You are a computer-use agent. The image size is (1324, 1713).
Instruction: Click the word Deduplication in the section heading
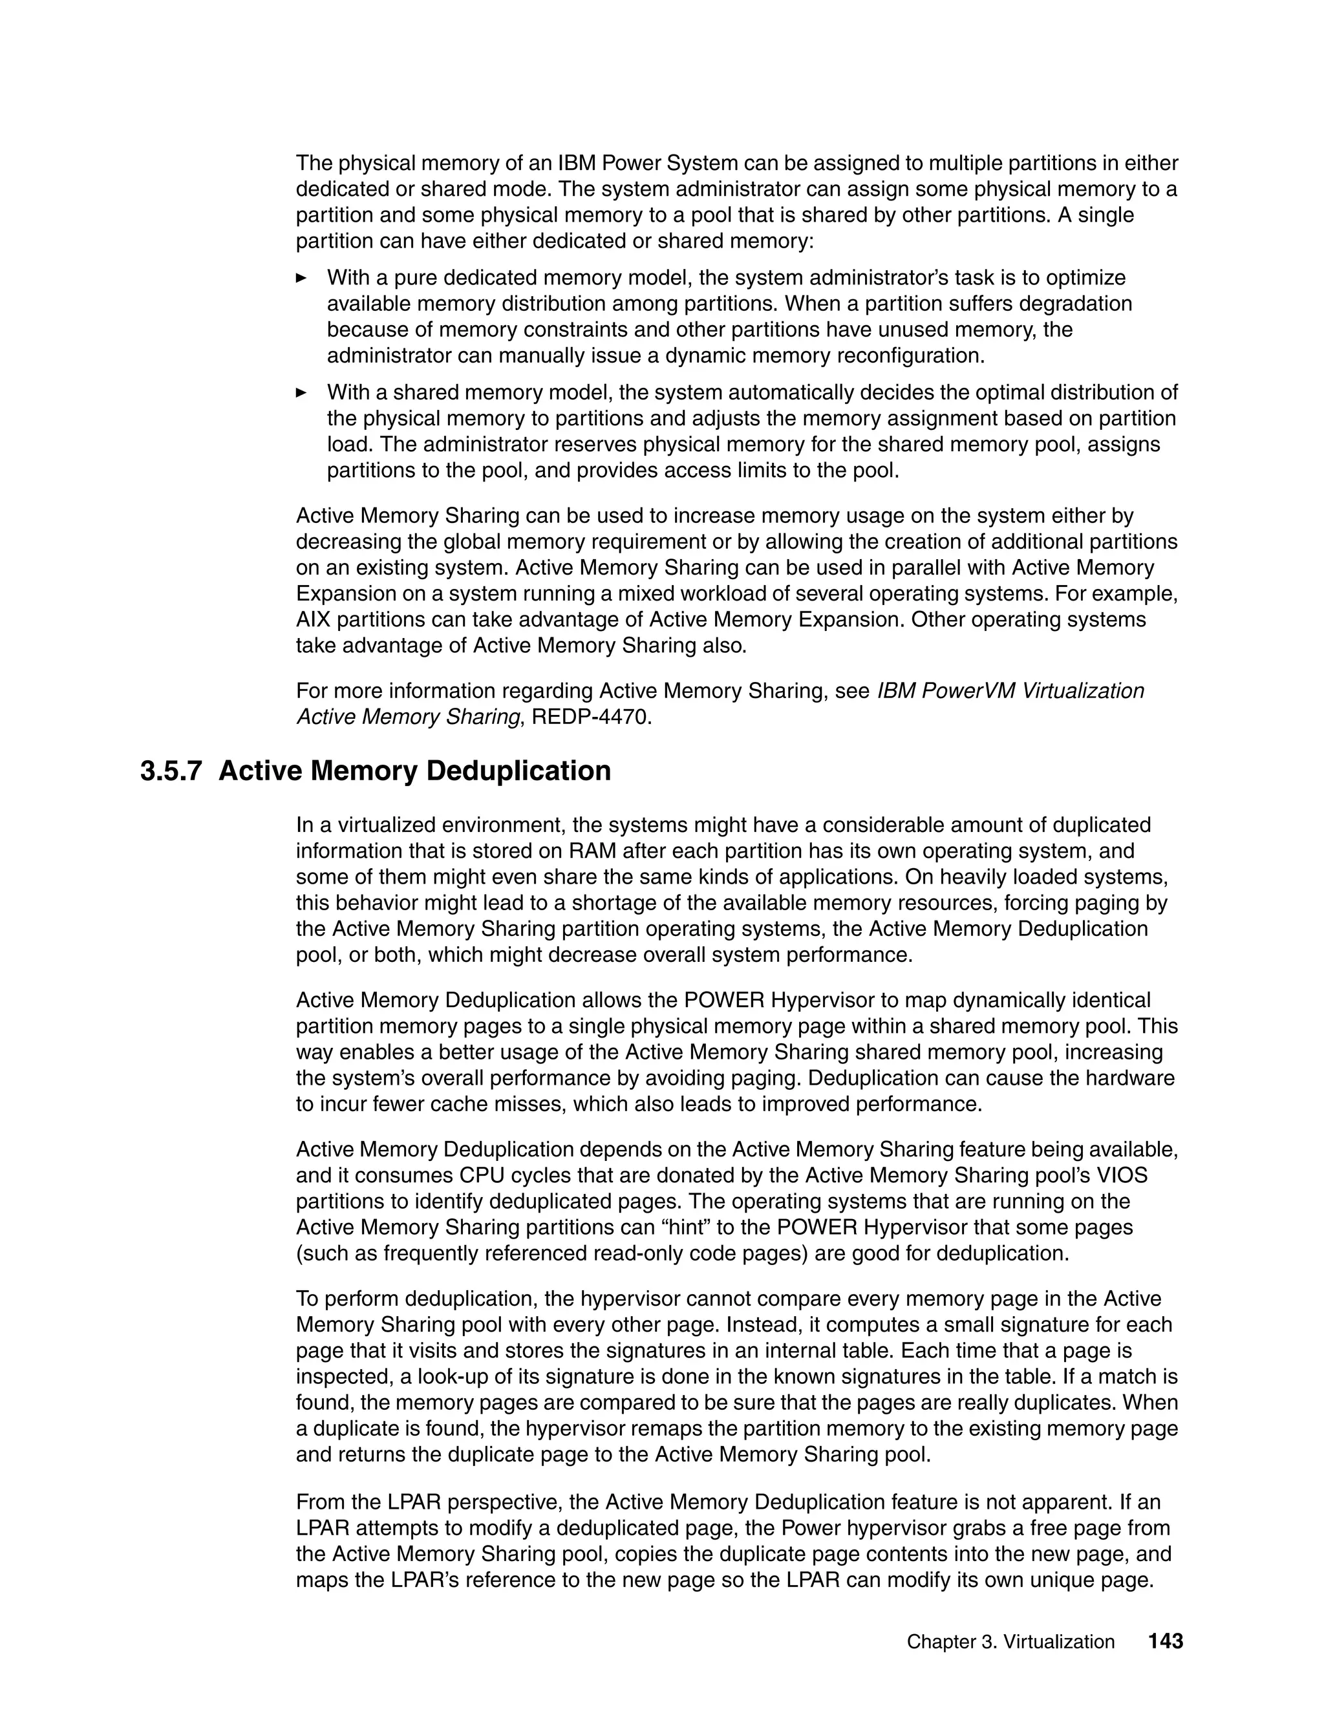pyautogui.click(x=519, y=771)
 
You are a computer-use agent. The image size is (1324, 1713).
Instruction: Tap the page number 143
pyautogui.click(x=1165, y=1642)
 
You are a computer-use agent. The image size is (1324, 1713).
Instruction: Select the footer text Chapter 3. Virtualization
pyautogui.click(x=1010, y=1643)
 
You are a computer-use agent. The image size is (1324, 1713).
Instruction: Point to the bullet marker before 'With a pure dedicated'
pyautogui.click(x=301, y=278)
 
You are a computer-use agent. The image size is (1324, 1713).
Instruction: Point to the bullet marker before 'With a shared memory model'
pyautogui.click(x=301, y=392)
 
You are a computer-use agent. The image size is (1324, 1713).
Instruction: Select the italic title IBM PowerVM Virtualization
pyautogui.click(x=1010, y=691)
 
